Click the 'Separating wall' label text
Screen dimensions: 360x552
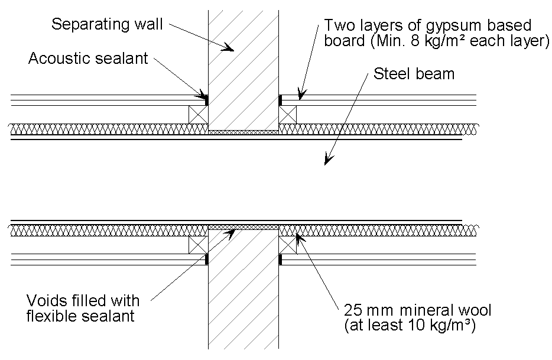pos(107,24)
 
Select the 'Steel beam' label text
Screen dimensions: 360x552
pos(414,74)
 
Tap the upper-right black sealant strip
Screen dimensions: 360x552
pos(280,100)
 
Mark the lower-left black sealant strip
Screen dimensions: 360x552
pos(206,259)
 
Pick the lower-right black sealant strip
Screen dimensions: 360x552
pos(280,259)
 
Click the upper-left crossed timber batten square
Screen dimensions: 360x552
pos(198,115)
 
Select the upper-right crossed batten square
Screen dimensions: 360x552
pos(288,115)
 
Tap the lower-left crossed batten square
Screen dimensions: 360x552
pos(198,244)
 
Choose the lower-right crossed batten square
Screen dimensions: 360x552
pos(288,244)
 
